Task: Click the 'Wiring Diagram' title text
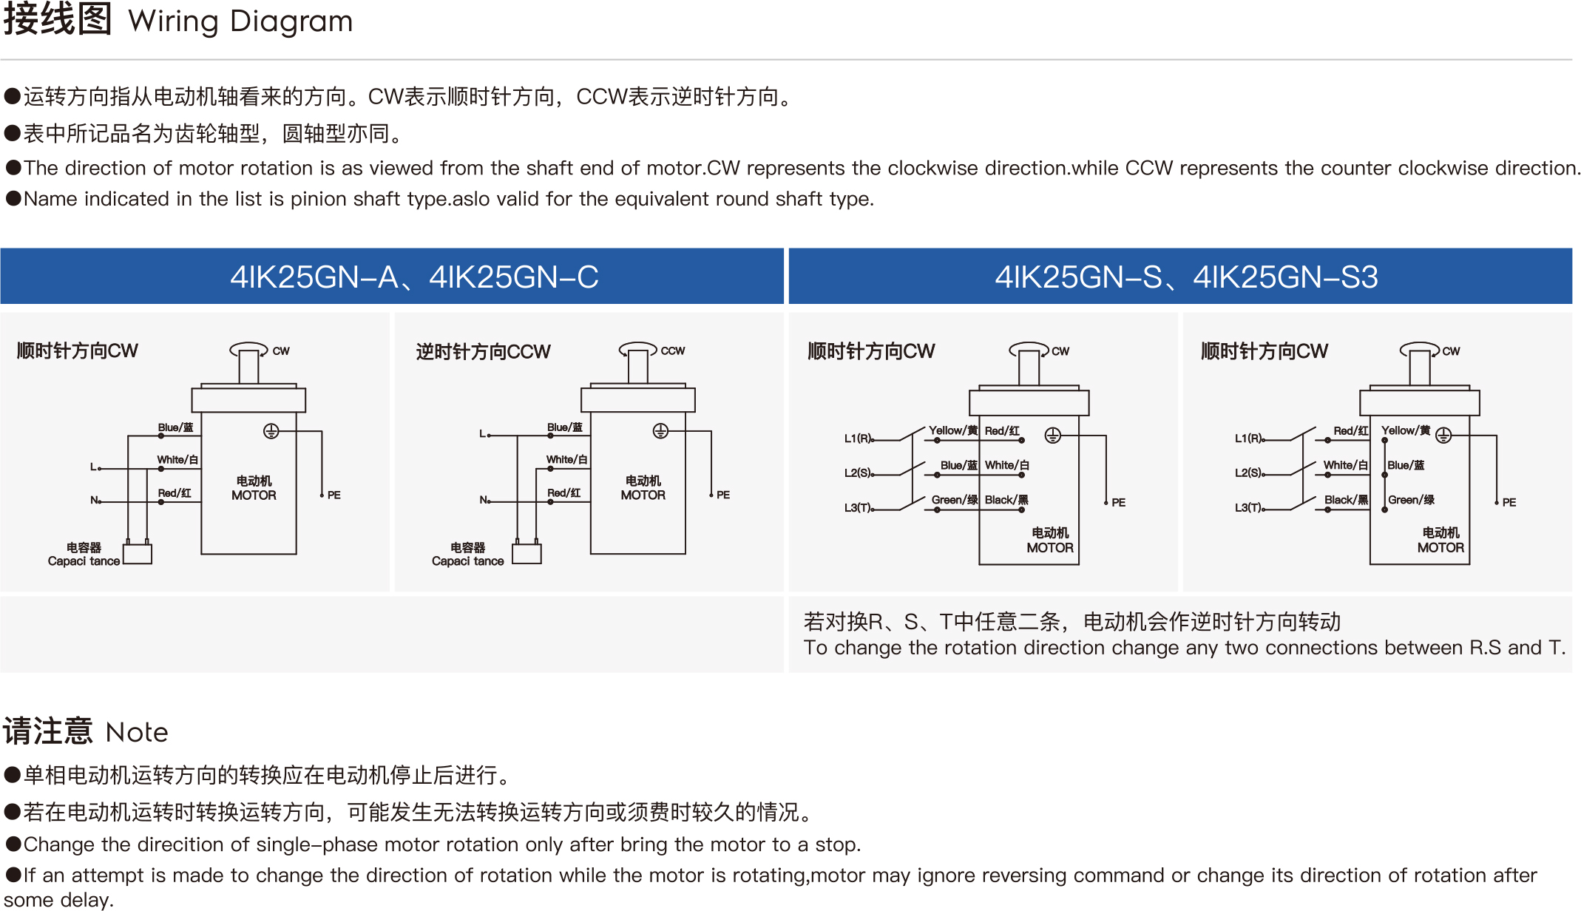pyautogui.click(x=240, y=21)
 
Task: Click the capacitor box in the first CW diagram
pyautogui.click(x=138, y=555)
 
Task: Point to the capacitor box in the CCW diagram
pyautogui.click(x=527, y=554)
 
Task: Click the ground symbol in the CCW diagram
pyautogui.click(x=660, y=431)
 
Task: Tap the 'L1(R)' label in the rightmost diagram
pyautogui.click(x=1248, y=438)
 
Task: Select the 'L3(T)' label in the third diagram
pyautogui.click(x=858, y=508)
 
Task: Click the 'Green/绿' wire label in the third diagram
pyautogui.click(x=955, y=500)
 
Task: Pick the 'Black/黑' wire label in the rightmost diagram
pyautogui.click(x=1346, y=500)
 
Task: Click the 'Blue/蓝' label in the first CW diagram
pyautogui.click(x=175, y=427)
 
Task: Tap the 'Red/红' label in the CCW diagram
pyautogui.click(x=563, y=492)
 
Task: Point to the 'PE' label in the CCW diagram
pyautogui.click(x=723, y=495)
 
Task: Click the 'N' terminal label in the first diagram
pyautogui.click(x=95, y=500)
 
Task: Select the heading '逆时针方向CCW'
pyautogui.click(x=483, y=351)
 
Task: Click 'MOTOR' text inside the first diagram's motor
pyautogui.click(x=254, y=495)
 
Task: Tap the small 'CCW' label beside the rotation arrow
pyautogui.click(x=673, y=350)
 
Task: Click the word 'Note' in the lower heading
pyautogui.click(x=137, y=732)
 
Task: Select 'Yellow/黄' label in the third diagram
pyautogui.click(x=953, y=430)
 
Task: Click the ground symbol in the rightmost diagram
pyautogui.click(x=1443, y=436)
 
